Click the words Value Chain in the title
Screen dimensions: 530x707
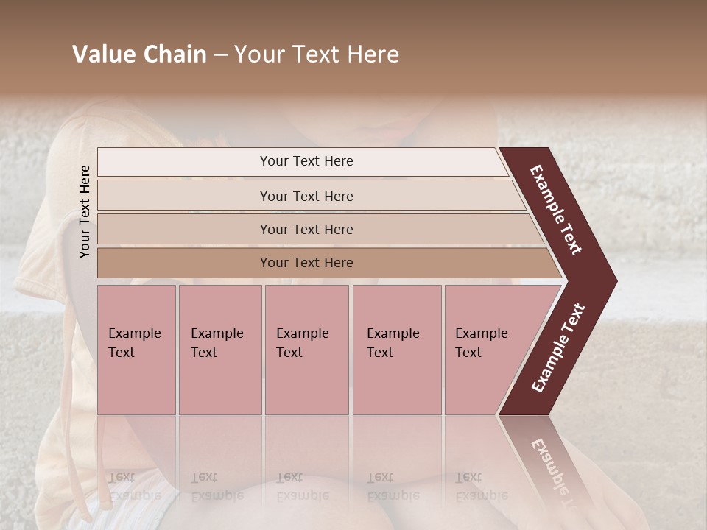139,54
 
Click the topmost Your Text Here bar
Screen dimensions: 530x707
306,161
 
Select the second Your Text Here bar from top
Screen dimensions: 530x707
306,196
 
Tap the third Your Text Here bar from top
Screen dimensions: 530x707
306,229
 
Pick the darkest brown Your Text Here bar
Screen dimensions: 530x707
306,263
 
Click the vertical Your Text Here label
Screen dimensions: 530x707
85,211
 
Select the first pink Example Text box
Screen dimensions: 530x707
136,350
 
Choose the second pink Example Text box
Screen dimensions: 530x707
219,350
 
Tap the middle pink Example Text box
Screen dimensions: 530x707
306,350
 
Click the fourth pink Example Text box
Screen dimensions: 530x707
396,350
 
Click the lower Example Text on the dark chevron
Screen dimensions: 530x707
558,348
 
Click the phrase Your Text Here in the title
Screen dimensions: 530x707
317,54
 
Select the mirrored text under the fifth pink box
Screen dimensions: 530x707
481,487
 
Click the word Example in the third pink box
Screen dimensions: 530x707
302,333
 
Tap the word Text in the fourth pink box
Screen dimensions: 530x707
380,353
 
